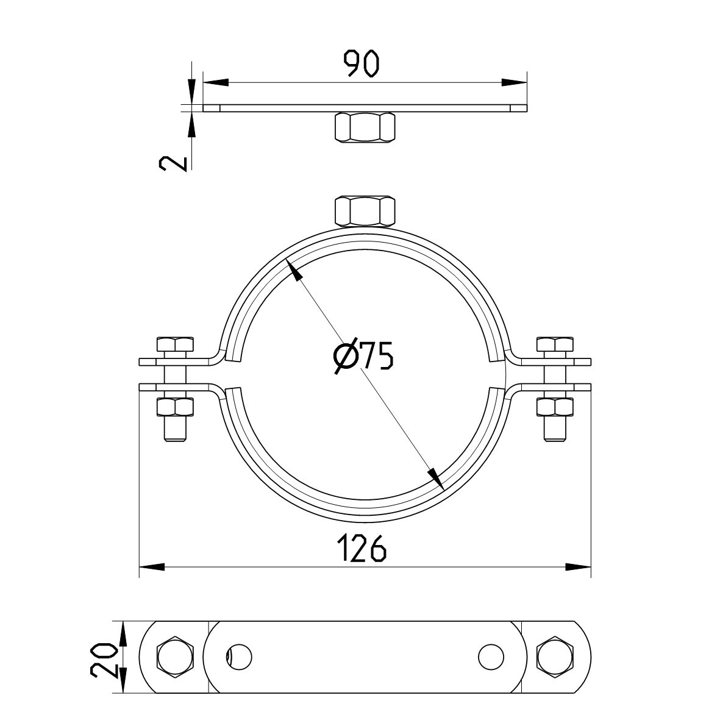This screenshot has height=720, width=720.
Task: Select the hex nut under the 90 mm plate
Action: pos(365,128)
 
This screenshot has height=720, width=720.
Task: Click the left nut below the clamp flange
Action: pos(176,406)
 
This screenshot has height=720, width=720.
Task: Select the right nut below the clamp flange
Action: pos(554,406)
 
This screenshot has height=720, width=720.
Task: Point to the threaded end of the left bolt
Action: pos(176,429)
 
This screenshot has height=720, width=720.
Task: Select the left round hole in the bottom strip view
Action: pos(239,657)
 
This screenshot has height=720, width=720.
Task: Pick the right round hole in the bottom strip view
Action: pos(491,657)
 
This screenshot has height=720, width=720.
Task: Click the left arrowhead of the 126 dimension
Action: pos(152,568)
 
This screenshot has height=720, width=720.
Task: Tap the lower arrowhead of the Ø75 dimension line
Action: pos(434,479)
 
